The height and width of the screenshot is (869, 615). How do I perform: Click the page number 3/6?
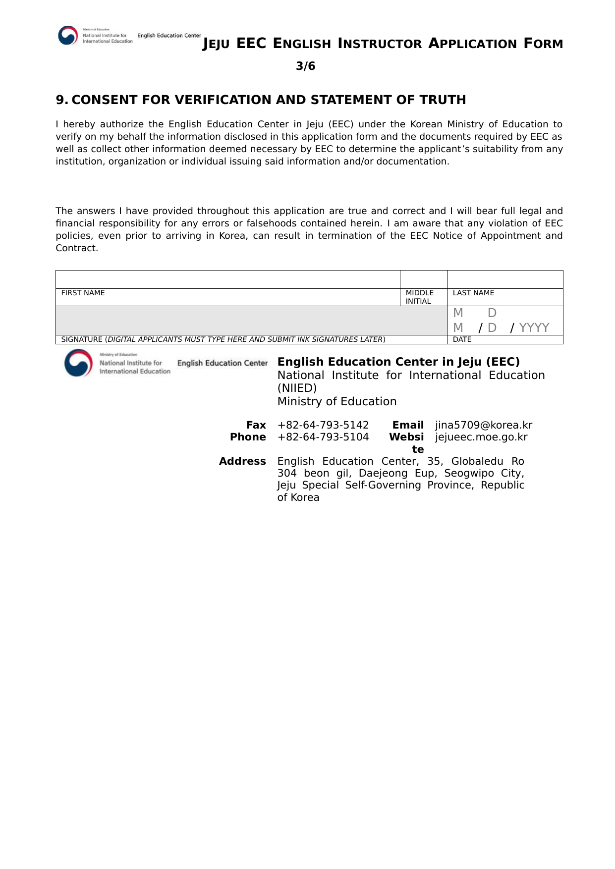305,66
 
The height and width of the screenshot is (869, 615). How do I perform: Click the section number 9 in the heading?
60,100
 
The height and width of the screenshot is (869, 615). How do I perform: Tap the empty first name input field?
227,279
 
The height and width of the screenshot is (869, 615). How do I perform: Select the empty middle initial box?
423,279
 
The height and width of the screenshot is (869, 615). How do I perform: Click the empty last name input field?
504,279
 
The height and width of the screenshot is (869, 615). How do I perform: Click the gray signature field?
251,321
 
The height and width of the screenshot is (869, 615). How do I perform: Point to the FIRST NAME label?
83,293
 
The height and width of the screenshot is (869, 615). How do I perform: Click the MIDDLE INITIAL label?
419,297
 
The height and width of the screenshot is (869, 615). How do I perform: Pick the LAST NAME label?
473,293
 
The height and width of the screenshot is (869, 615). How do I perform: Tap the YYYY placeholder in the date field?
534,327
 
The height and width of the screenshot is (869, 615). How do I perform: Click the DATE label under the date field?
462,339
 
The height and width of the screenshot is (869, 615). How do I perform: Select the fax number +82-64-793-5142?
323,425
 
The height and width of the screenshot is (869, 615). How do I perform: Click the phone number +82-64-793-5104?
323,437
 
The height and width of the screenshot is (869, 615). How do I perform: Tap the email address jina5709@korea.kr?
484,425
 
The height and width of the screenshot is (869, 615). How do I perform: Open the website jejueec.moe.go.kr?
481,437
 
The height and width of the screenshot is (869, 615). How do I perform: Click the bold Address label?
242,461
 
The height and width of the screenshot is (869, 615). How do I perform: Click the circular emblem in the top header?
68,36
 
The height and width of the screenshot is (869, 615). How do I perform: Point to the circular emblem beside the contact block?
78,363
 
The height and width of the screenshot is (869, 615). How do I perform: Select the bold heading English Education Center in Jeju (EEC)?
398,362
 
